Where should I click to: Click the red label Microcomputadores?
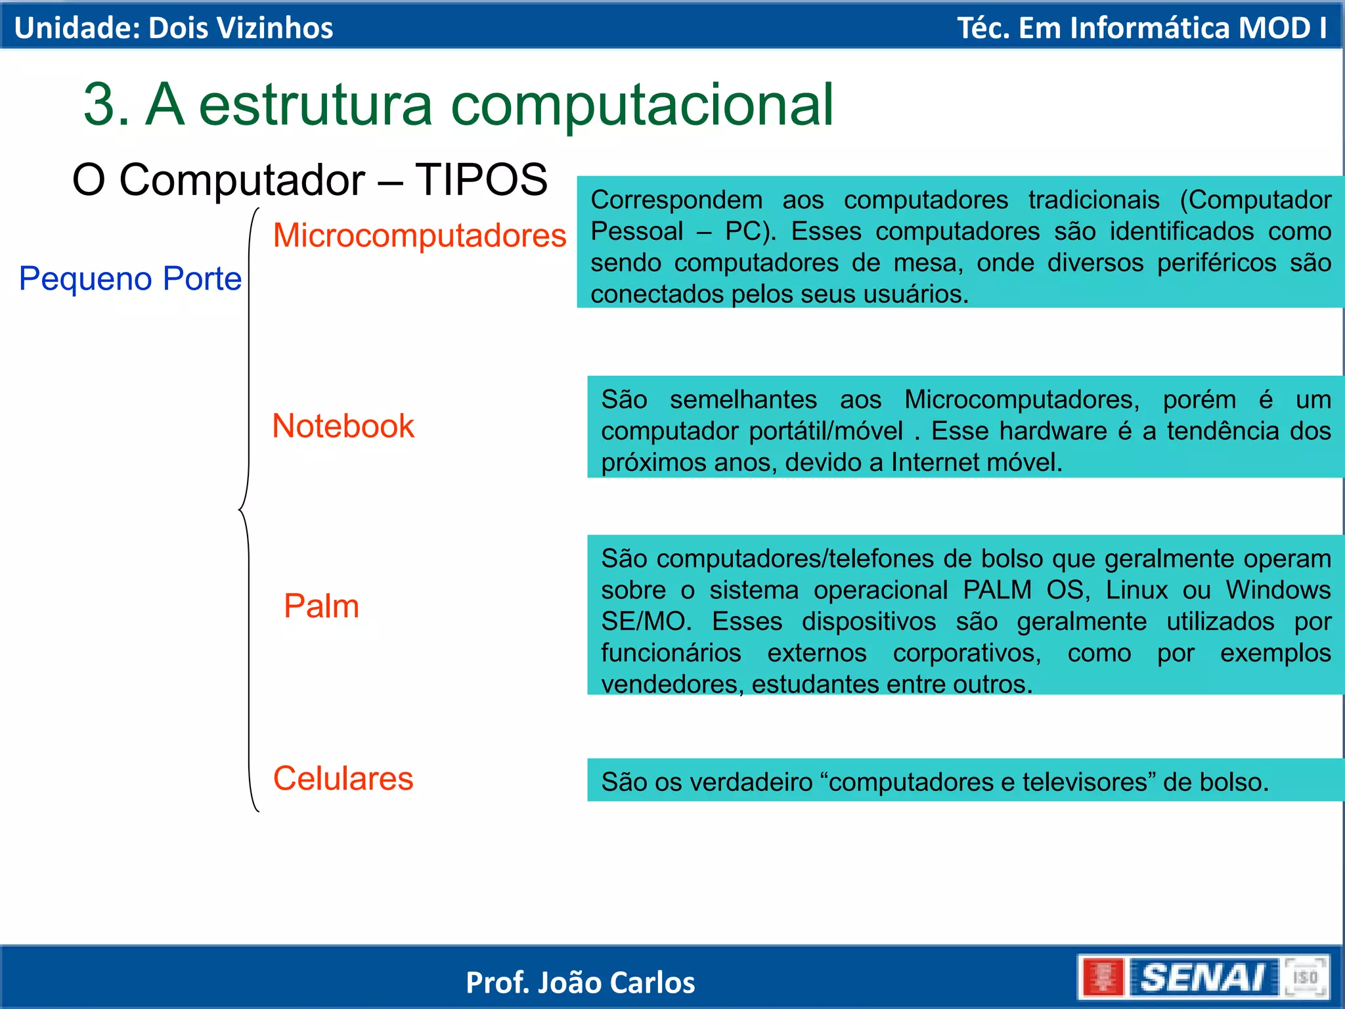[x=419, y=235]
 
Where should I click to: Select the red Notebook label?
[x=343, y=426]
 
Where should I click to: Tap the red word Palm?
[x=321, y=606]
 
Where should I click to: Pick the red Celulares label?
[x=343, y=778]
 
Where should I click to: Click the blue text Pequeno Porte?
[x=130, y=279]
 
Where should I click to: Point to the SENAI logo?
[x=1202, y=977]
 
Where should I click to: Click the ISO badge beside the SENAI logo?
[x=1306, y=977]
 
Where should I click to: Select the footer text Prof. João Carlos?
[x=580, y=983]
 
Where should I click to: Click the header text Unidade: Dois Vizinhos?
[x=173, y=28]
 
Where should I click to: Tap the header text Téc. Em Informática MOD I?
[x=1141, y=28]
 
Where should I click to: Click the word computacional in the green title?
[x=642, y=105]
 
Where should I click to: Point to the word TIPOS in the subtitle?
[x=481, y=179]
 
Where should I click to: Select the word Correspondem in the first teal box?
[x=676, y=200]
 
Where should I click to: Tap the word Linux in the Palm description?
[x=1136, y=590]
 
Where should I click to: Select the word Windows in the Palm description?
[x=1278, y=590]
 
